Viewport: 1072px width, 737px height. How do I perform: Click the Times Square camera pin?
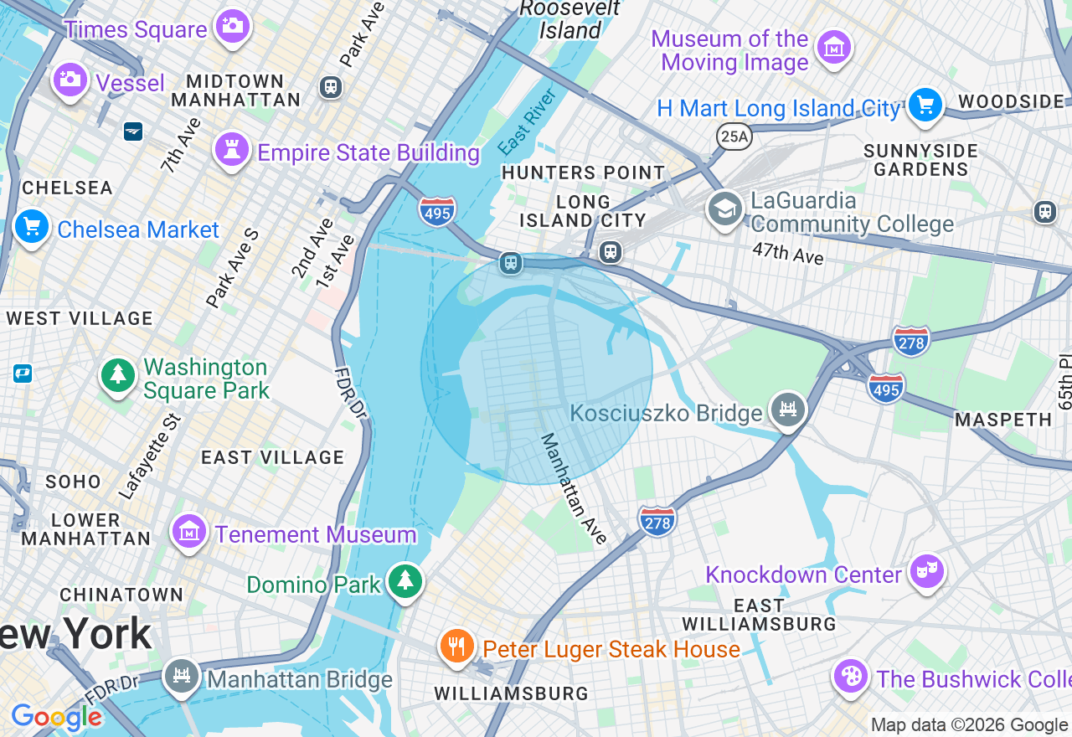coord(232,26)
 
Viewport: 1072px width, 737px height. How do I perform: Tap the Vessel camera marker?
coord(70,80)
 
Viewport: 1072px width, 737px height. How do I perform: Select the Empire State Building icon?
coord(232,150)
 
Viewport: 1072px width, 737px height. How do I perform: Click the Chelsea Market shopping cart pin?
coord(32,226)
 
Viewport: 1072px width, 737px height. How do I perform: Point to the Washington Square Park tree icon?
coord(118,375)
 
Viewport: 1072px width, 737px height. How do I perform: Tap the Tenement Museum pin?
coord(189,531)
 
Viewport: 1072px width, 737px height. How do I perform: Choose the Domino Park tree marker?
coord(405,580)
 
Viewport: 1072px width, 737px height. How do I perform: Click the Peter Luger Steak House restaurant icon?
coord(456,647)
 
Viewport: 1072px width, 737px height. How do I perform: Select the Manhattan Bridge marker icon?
coord(181,675)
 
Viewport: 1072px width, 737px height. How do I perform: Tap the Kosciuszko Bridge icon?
coord(788,410)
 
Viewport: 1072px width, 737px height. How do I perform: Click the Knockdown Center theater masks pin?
coord(926,571)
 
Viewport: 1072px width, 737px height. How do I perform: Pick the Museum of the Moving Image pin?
coord(833,49)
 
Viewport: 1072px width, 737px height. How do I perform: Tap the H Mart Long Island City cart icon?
coord(925,106)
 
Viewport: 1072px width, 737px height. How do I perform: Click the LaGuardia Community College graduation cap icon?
coord(724,209)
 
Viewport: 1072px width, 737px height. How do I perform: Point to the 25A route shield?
coord(734,137)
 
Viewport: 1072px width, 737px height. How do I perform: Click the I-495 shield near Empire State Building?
coord(437,211)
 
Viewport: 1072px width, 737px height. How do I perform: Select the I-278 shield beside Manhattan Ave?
coord(657,522)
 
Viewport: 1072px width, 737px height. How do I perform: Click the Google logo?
coord(56,717)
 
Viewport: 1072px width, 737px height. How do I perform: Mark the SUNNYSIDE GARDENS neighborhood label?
coord(920,160)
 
